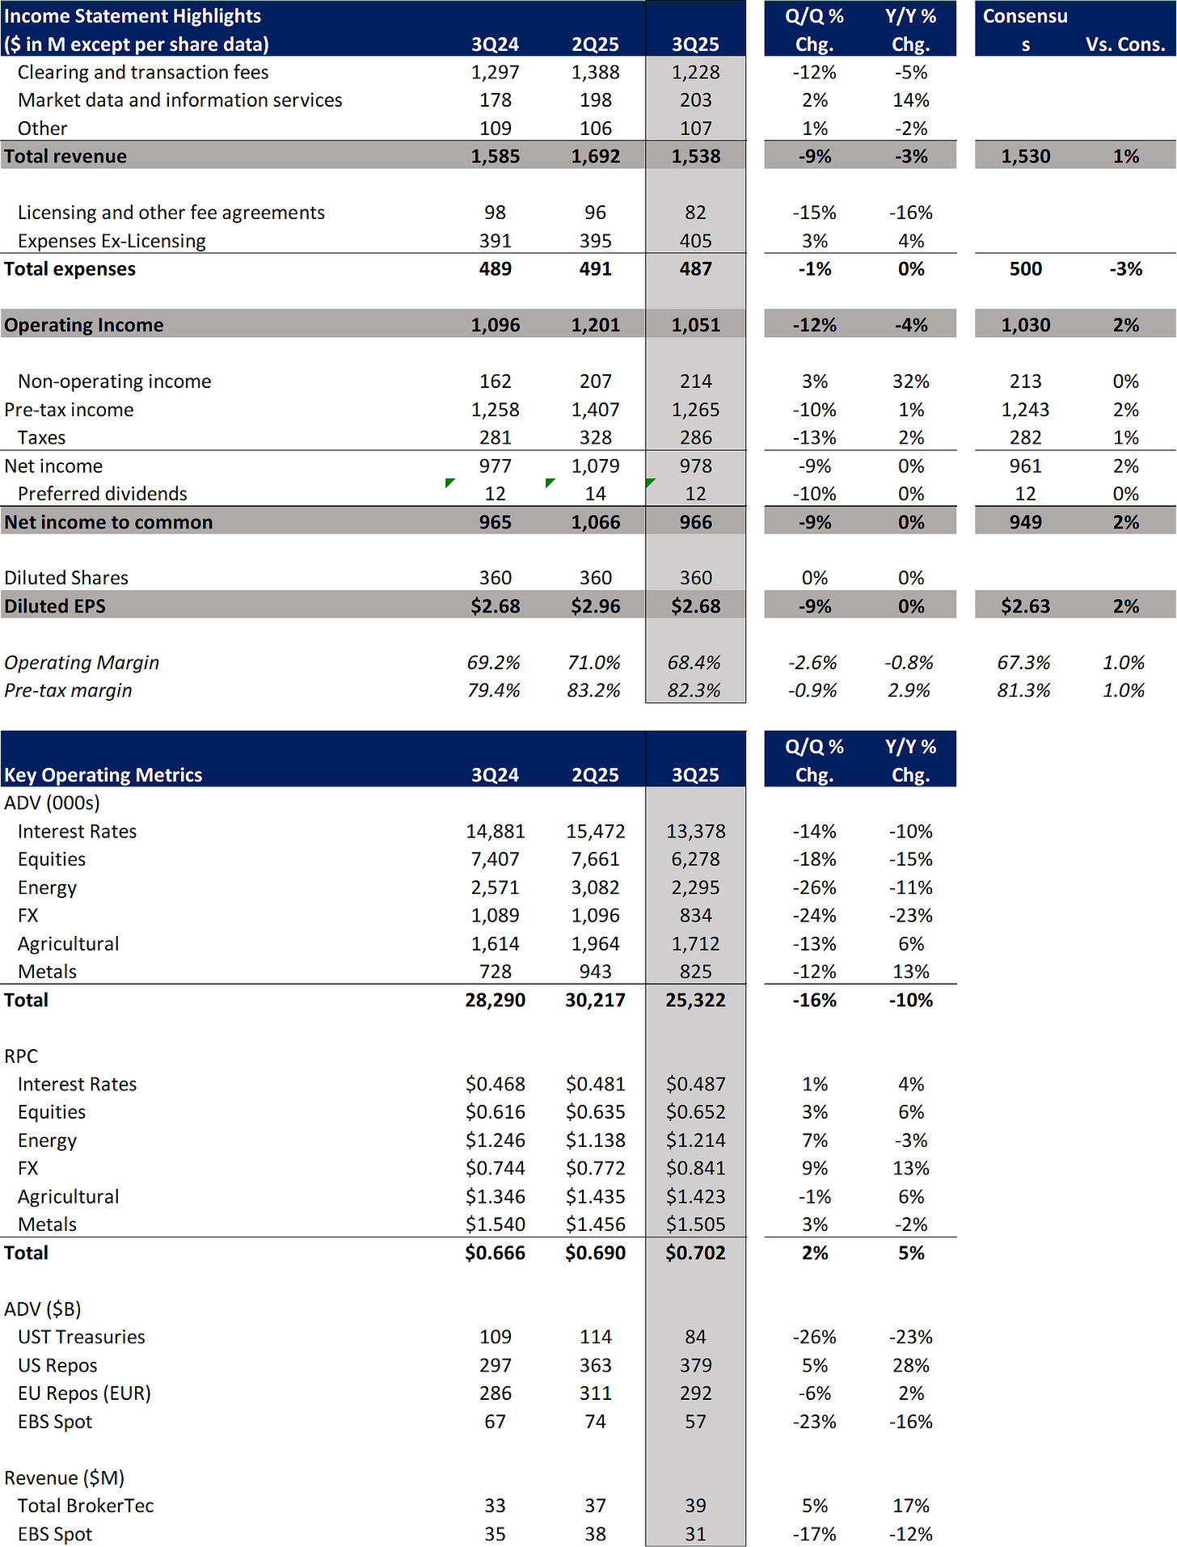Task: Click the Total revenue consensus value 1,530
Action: coord(1025,156)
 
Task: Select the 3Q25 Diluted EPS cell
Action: coord(695,606)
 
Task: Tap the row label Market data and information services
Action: coord(179,100)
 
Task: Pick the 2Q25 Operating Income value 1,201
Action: coord(595,325)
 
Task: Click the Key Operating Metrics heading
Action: coord(103,774)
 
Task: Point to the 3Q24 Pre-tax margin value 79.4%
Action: coord(494,690)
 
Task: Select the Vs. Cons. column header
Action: coord(1125,44)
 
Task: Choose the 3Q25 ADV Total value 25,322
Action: coord(695,1000)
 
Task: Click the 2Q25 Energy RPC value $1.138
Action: coord(595,1140)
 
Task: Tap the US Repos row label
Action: coord(57,1365)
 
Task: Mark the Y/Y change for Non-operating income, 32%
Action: coord(911,381)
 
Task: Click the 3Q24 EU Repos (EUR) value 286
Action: coord(495,1393)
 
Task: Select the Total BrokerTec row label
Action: coord(86,1506)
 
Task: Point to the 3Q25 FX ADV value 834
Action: coord(695,916)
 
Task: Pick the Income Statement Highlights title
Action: coord(133,16)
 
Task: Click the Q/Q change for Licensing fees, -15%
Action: coord(814,213)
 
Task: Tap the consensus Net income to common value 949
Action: coord(1025,522)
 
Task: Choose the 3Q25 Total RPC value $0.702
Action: coord(695,1253)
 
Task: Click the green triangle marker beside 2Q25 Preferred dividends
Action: coord(550,483)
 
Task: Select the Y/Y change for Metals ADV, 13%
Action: coord(911,972)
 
